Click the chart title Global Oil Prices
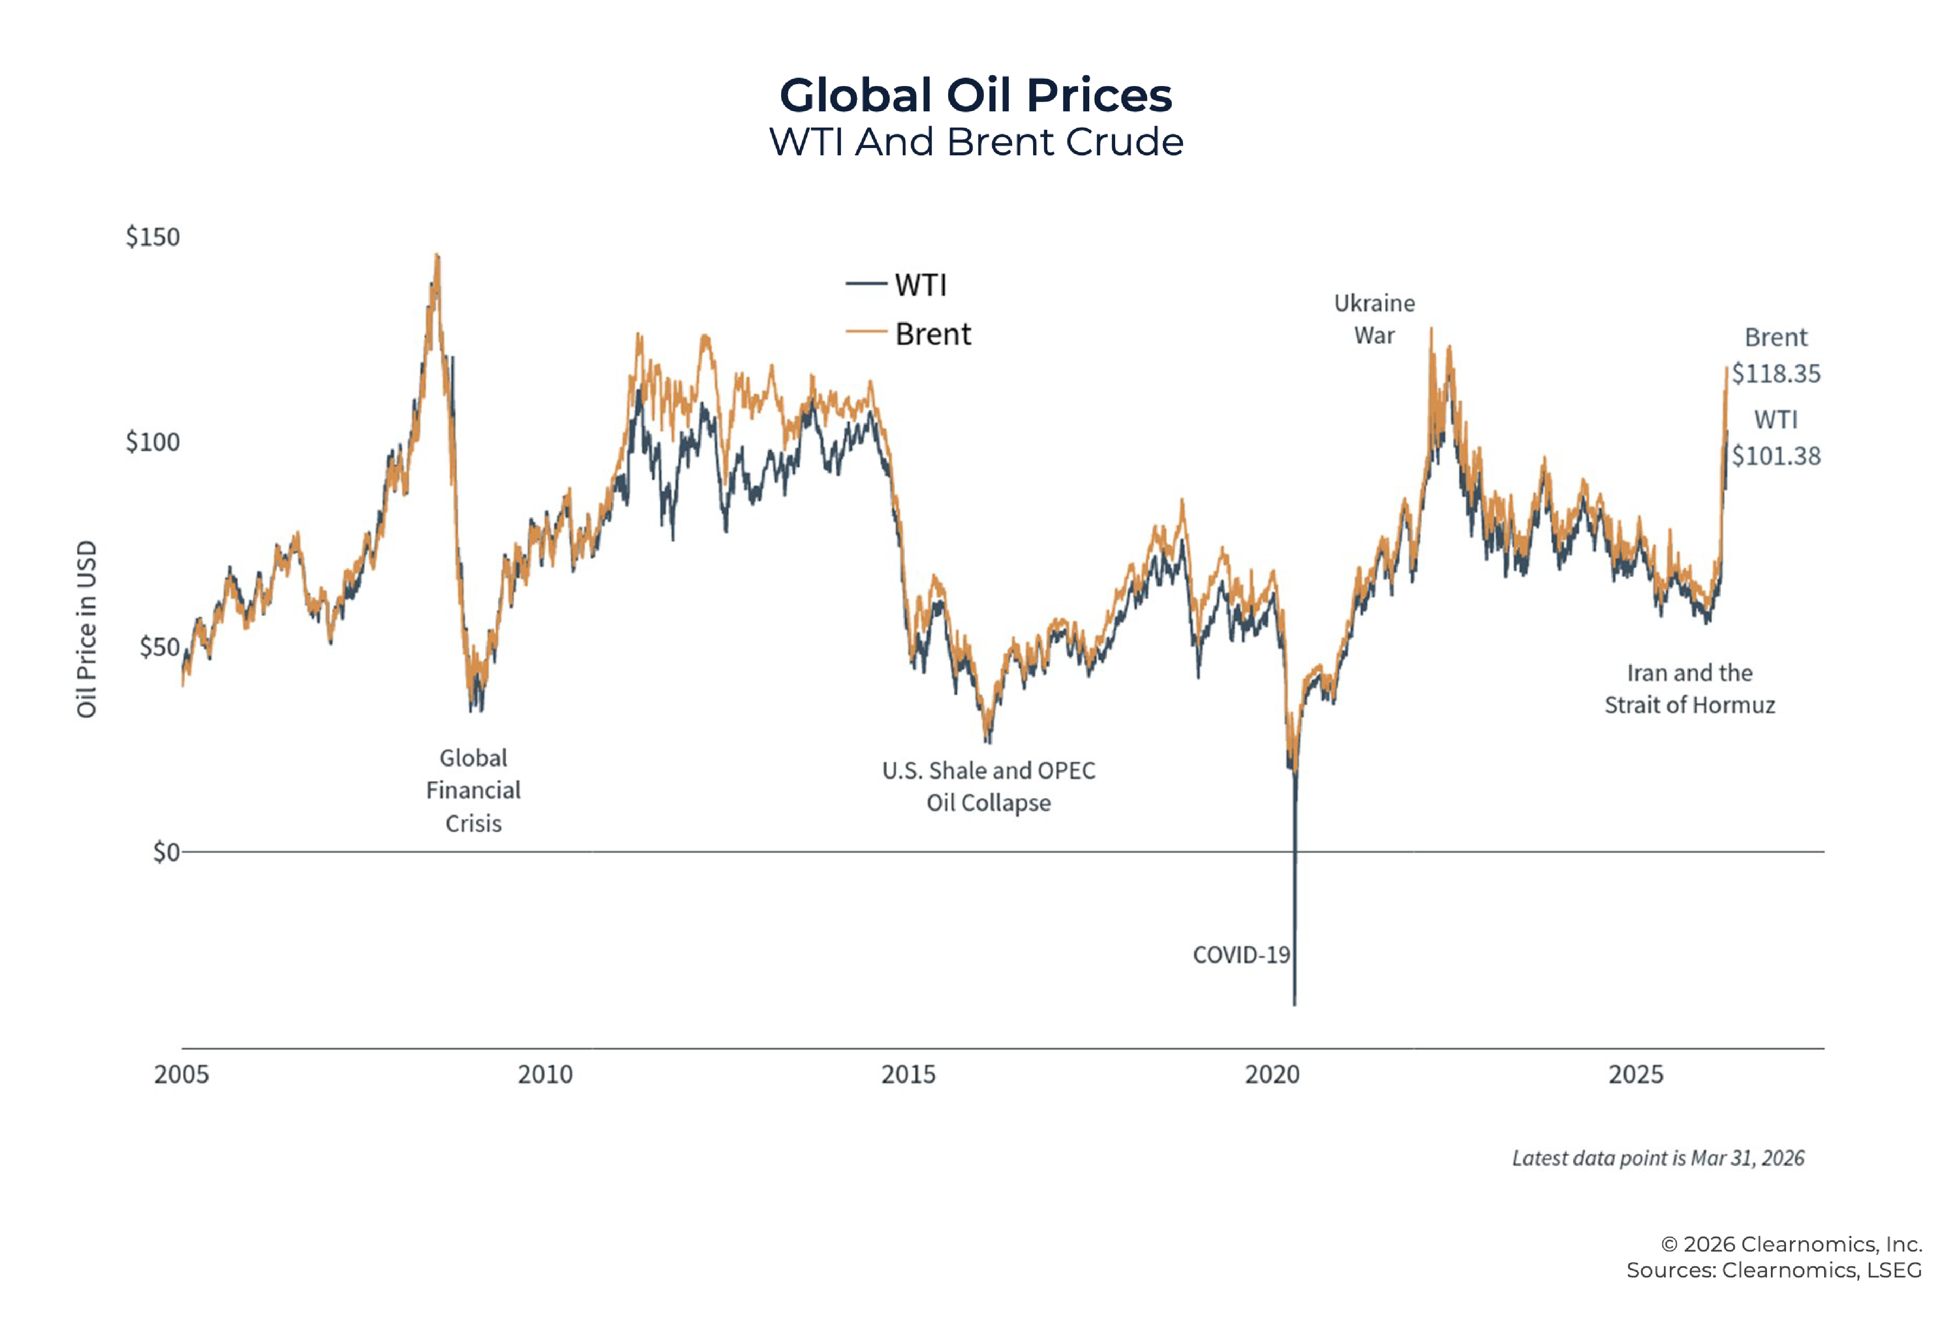pos(976,95)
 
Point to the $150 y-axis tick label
pos(152,237)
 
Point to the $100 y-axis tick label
pos(152,442)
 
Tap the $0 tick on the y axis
pos(166,852)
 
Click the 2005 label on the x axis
pos(182,1074)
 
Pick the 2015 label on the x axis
pos(909,1074)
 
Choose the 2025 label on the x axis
pos(1635,1074)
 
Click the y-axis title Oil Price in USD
pos(86,629)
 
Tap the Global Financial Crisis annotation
pos(473,790)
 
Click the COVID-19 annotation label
pos(1240,955)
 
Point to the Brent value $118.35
pos(1776,373)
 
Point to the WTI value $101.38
pos(1776,456)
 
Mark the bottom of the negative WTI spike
pos(1294,1004)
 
